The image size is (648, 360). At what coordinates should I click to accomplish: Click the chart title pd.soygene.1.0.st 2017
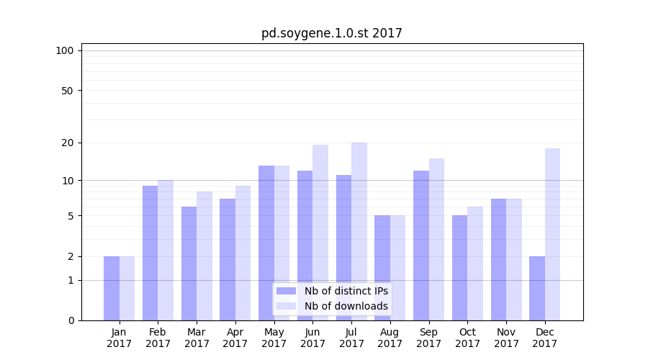click(x=331, y=33)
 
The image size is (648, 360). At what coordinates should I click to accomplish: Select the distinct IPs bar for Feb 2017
click(x=150, y=253)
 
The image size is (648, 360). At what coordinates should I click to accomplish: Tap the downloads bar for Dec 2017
click(x=553, y=234)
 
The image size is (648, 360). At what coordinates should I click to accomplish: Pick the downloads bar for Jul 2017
click(x=359, y=231)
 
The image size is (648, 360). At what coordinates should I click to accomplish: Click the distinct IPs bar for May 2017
click(x=266, y=243)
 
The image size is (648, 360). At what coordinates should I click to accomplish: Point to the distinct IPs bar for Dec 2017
click(x=537, y=288)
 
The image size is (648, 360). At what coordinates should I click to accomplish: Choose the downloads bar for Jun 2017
click(x=320, y=233)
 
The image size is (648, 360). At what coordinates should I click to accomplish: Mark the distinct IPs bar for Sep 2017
click(x=421, y=246)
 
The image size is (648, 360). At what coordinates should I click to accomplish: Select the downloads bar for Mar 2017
click(x=204, y=256)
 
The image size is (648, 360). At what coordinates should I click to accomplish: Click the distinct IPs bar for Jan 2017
click(x=112, y=288)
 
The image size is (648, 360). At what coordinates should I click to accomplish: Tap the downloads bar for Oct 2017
click(x=475, y=264)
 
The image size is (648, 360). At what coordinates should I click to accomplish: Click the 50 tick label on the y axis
click(x=68, y=91)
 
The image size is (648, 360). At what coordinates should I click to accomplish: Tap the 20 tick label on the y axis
click(x=68, y=143)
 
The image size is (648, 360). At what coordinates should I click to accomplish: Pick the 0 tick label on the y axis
click(x=71, y=320)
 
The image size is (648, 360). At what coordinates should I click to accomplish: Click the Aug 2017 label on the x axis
click(x=390, y=338)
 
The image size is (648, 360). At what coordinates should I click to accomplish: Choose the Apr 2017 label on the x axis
click(x=235, y=338)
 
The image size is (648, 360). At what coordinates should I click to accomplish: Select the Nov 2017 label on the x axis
click(x=506, y=338)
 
